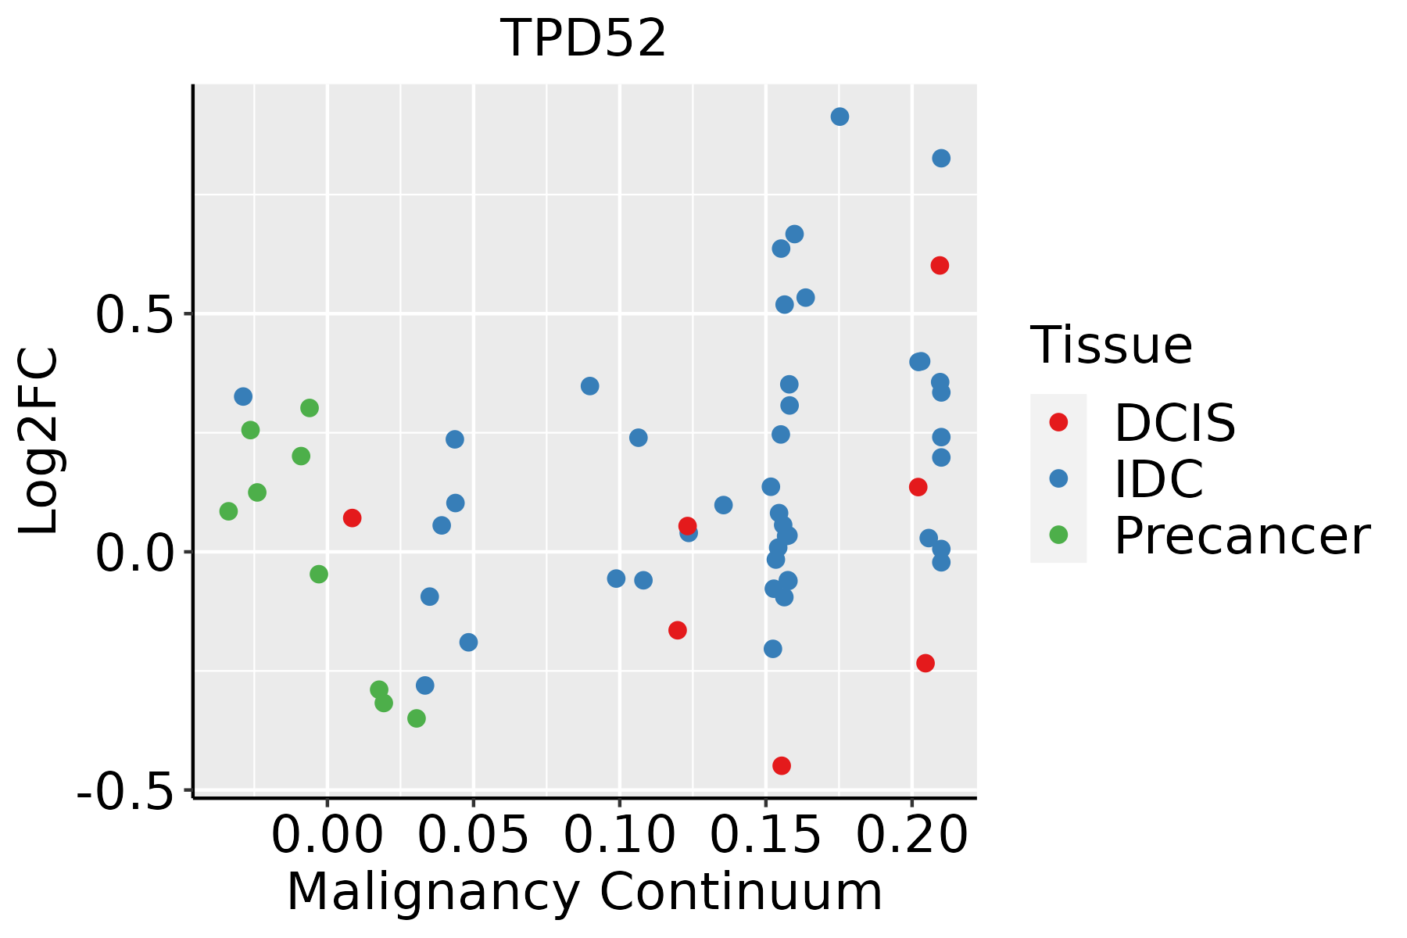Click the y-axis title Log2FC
coord(39,442)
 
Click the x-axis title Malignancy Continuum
coord(585,893)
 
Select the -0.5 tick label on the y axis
coord(133,792)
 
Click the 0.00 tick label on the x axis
coord(327,836)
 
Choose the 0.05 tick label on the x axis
coord(473,836)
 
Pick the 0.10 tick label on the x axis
coord(619,836)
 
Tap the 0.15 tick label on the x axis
coord(765,836)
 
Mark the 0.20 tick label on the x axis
coord(911,836)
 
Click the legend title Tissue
coord(1111,345)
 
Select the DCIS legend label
coord(1174,423)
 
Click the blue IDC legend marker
coord(1058,478)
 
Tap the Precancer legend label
coord(1241,536)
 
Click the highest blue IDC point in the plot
coord(840,116)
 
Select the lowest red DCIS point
coord(781,765)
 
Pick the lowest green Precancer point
coord(417,718)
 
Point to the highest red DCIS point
coord(940,266)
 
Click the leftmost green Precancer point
coord(228,511)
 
